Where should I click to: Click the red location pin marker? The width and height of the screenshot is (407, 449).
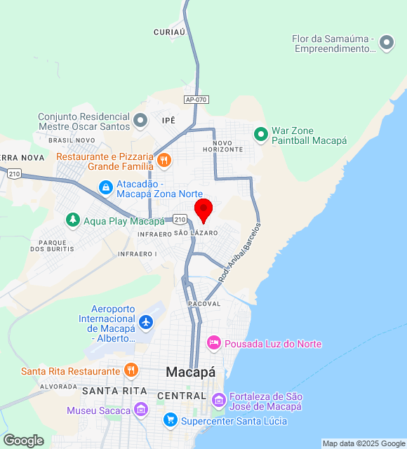click(x=203, y=210)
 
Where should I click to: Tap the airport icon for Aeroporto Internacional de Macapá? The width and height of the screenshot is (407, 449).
click(x=145, y=323)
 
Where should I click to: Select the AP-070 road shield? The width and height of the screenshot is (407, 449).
click(x=196, y=100)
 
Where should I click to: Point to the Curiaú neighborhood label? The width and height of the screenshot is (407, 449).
click(x=169, y=32)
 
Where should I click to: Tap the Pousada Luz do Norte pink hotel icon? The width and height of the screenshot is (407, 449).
click(x=214, y=343)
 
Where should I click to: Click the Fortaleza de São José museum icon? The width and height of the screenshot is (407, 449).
click(x=219, y=400)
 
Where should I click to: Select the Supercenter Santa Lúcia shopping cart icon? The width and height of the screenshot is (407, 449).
click(x=170, y=420)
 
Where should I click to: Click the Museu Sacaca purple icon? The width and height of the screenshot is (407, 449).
click(x=141, y=410)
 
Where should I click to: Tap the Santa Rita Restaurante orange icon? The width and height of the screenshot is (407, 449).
click(x=131, y=370)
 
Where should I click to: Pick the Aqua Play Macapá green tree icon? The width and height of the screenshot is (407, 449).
click(x=73, y=220)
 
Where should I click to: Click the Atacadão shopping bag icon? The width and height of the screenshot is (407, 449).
click(x=105, y=187)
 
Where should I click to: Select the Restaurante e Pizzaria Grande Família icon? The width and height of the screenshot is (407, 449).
click(x=164, y=161)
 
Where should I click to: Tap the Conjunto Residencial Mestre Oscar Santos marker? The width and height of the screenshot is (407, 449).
click(x=140, y=121)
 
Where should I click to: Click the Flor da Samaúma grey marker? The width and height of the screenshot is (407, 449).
click(x=386, y=43)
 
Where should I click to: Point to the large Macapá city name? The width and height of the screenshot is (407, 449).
click(x=190, y=372)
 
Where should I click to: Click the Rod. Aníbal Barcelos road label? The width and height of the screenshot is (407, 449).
click(x=239, y=253)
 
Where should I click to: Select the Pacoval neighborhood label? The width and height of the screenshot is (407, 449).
click(x=204, y=304)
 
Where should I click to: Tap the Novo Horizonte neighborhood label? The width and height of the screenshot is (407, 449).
click(x=223, y=146)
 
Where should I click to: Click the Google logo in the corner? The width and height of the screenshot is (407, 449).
click(x=23, y=441)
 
